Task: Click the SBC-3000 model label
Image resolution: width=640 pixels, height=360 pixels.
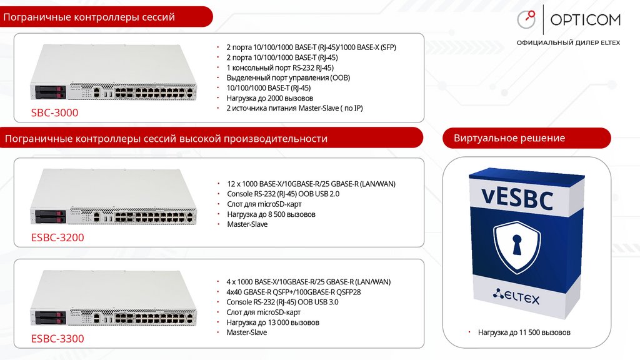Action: (55, 113)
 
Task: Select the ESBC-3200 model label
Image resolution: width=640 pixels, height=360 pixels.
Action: (57, 237)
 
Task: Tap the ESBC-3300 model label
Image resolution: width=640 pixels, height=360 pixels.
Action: (57, 339)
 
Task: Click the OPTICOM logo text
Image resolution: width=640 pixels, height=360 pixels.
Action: (586, 20)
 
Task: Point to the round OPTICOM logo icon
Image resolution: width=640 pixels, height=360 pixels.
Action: (526, 19)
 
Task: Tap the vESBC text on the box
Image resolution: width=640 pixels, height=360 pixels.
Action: (517, 200)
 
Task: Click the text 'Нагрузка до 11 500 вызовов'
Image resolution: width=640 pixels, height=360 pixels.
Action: (524, 332)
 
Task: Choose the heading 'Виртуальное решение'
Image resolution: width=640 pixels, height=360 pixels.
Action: (509, 138)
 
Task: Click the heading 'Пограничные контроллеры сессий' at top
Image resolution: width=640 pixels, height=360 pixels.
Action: (89, 17)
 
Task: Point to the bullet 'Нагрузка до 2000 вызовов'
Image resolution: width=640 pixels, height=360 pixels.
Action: (269, 98)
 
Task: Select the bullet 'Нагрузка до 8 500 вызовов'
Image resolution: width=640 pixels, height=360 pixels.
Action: (271, 214)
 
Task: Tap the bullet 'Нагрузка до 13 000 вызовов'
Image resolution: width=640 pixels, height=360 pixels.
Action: (272, 322)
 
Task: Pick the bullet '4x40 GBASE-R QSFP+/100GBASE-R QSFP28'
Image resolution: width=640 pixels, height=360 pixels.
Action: (294, 292)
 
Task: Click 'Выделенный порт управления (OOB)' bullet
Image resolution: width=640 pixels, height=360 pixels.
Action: (288, 77)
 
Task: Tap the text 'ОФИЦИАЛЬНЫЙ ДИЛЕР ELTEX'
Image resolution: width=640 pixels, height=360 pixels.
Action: (568, 43)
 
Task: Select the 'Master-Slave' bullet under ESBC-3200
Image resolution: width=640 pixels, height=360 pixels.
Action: (247, 224)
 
